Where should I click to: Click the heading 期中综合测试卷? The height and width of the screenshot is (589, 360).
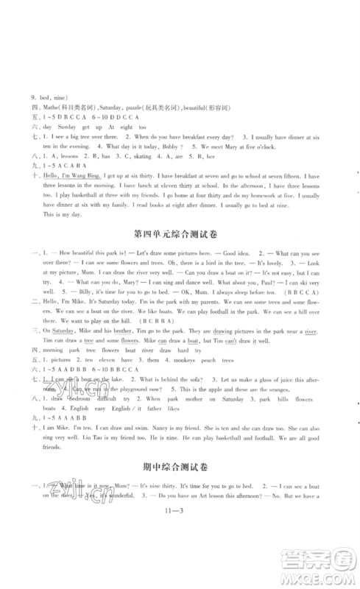(x=180, y=507)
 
